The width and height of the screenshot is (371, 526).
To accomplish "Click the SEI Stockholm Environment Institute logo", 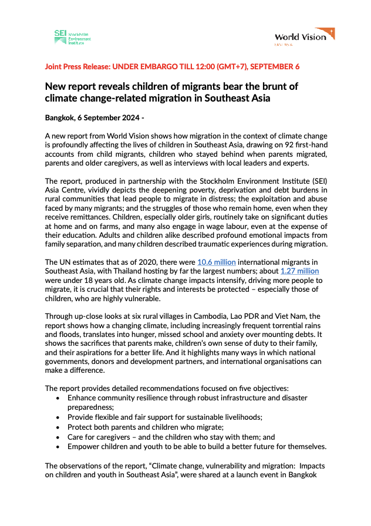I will pos(72,38).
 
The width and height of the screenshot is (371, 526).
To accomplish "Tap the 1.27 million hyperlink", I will pos(299,288).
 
